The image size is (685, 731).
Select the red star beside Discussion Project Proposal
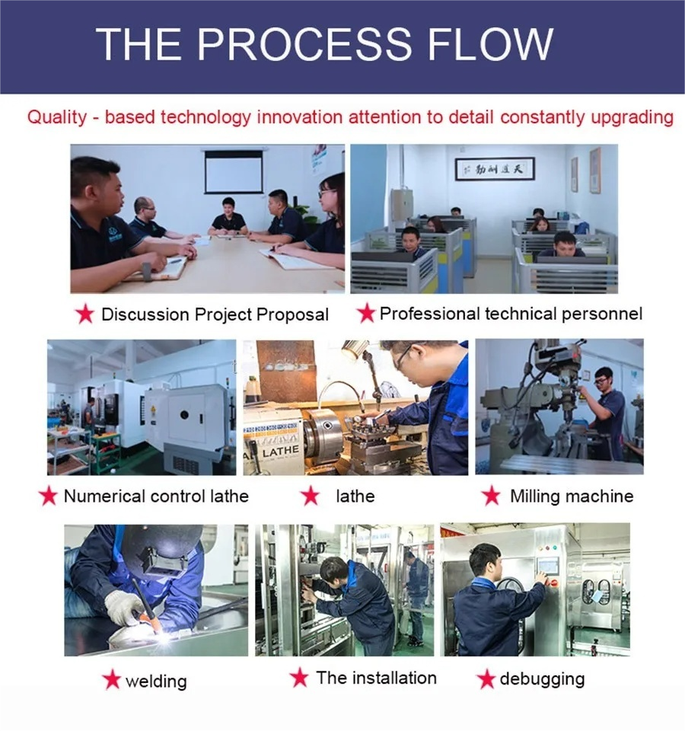click(x=85, y=313)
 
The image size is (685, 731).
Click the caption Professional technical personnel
click(x=511, y=313)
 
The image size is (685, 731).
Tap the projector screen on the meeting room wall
click(x=234, y=172)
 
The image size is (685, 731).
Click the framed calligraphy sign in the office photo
click(x=495, y=168)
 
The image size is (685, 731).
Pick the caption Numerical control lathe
click(x=156, y=496)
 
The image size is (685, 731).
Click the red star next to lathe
click(x=310, y=496)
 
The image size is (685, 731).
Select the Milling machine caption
click(x=571, y=496)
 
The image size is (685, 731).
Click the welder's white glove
click(x=123, y=606)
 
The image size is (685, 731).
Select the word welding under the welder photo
click(x=155, y=681)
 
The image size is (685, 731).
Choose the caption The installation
click(x=376, y=678)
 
